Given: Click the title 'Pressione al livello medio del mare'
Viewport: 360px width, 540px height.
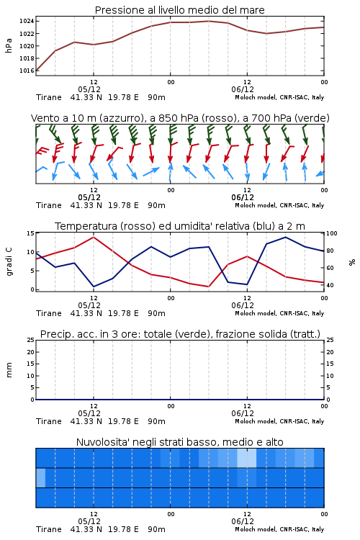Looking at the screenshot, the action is pos(179,10).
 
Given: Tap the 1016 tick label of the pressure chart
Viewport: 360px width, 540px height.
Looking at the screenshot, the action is pos(27,71).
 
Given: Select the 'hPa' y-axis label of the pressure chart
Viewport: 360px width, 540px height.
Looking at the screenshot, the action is pos(9,46).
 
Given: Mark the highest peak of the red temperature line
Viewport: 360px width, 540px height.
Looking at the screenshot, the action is pos(94,237).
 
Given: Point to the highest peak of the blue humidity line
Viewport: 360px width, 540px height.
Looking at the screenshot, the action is pos(285,237).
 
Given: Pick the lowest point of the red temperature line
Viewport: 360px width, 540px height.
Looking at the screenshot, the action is pos(208,287).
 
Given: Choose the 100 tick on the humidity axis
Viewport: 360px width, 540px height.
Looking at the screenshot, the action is pos(332,233).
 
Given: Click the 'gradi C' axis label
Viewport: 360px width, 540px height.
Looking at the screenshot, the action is pos(9,261).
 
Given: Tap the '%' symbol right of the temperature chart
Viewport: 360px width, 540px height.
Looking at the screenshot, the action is pos(352,262).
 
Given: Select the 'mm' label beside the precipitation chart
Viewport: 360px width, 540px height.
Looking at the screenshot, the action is pos(9,369).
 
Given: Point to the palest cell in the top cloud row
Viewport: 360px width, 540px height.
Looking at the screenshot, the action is pos(247,458).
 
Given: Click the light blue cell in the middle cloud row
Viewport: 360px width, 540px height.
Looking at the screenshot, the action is pos(40,477).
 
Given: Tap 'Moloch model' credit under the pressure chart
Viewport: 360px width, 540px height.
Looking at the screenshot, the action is pos(256,97).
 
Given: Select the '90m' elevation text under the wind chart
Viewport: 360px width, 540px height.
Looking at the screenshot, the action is pos(156,205).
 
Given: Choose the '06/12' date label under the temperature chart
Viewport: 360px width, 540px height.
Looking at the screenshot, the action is pos(243,305).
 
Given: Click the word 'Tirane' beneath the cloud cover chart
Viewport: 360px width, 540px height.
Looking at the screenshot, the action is pos(48,529).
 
